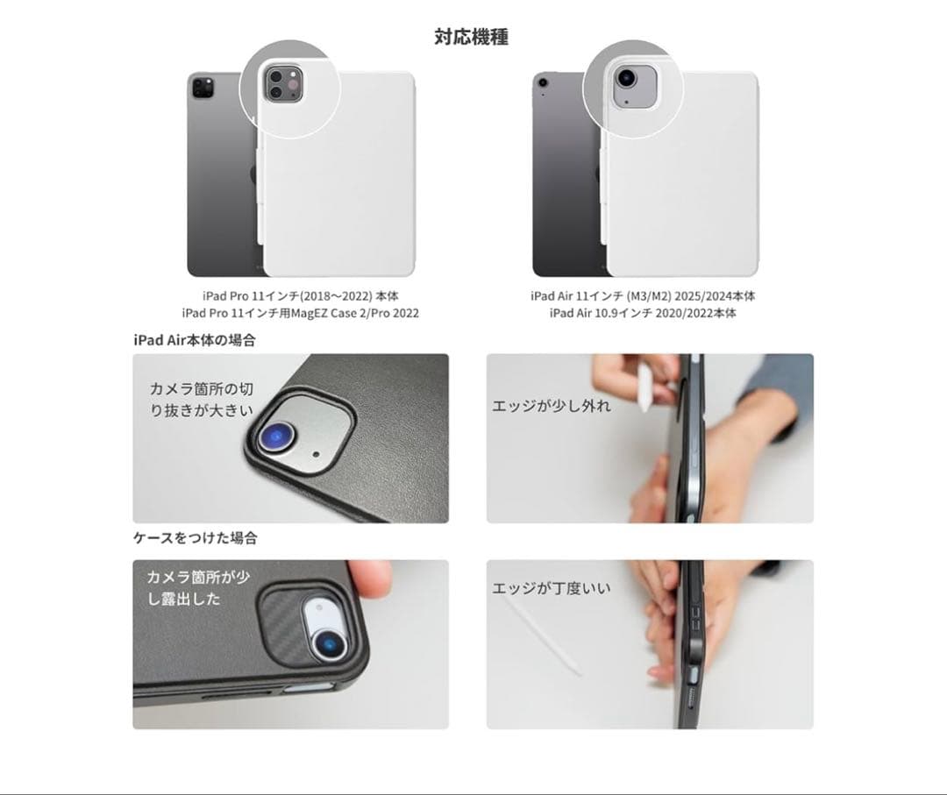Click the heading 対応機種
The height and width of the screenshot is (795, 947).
[471, 37]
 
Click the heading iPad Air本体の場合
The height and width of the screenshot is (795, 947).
[194, 340]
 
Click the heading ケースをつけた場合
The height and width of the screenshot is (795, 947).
[195, 538]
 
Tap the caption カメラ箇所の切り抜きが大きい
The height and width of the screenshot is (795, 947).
[202, 399]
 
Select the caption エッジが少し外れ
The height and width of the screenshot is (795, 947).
[552, 407]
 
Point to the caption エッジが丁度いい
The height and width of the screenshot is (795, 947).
[552, 589]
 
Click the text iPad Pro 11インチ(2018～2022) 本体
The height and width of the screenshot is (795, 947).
[300, 296]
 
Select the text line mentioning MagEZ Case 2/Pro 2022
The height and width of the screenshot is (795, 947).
[300, 313]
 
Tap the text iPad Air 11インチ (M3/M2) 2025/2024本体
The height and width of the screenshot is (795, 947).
[643, 296]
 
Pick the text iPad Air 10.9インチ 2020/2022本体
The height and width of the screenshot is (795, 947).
[643, 313]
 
